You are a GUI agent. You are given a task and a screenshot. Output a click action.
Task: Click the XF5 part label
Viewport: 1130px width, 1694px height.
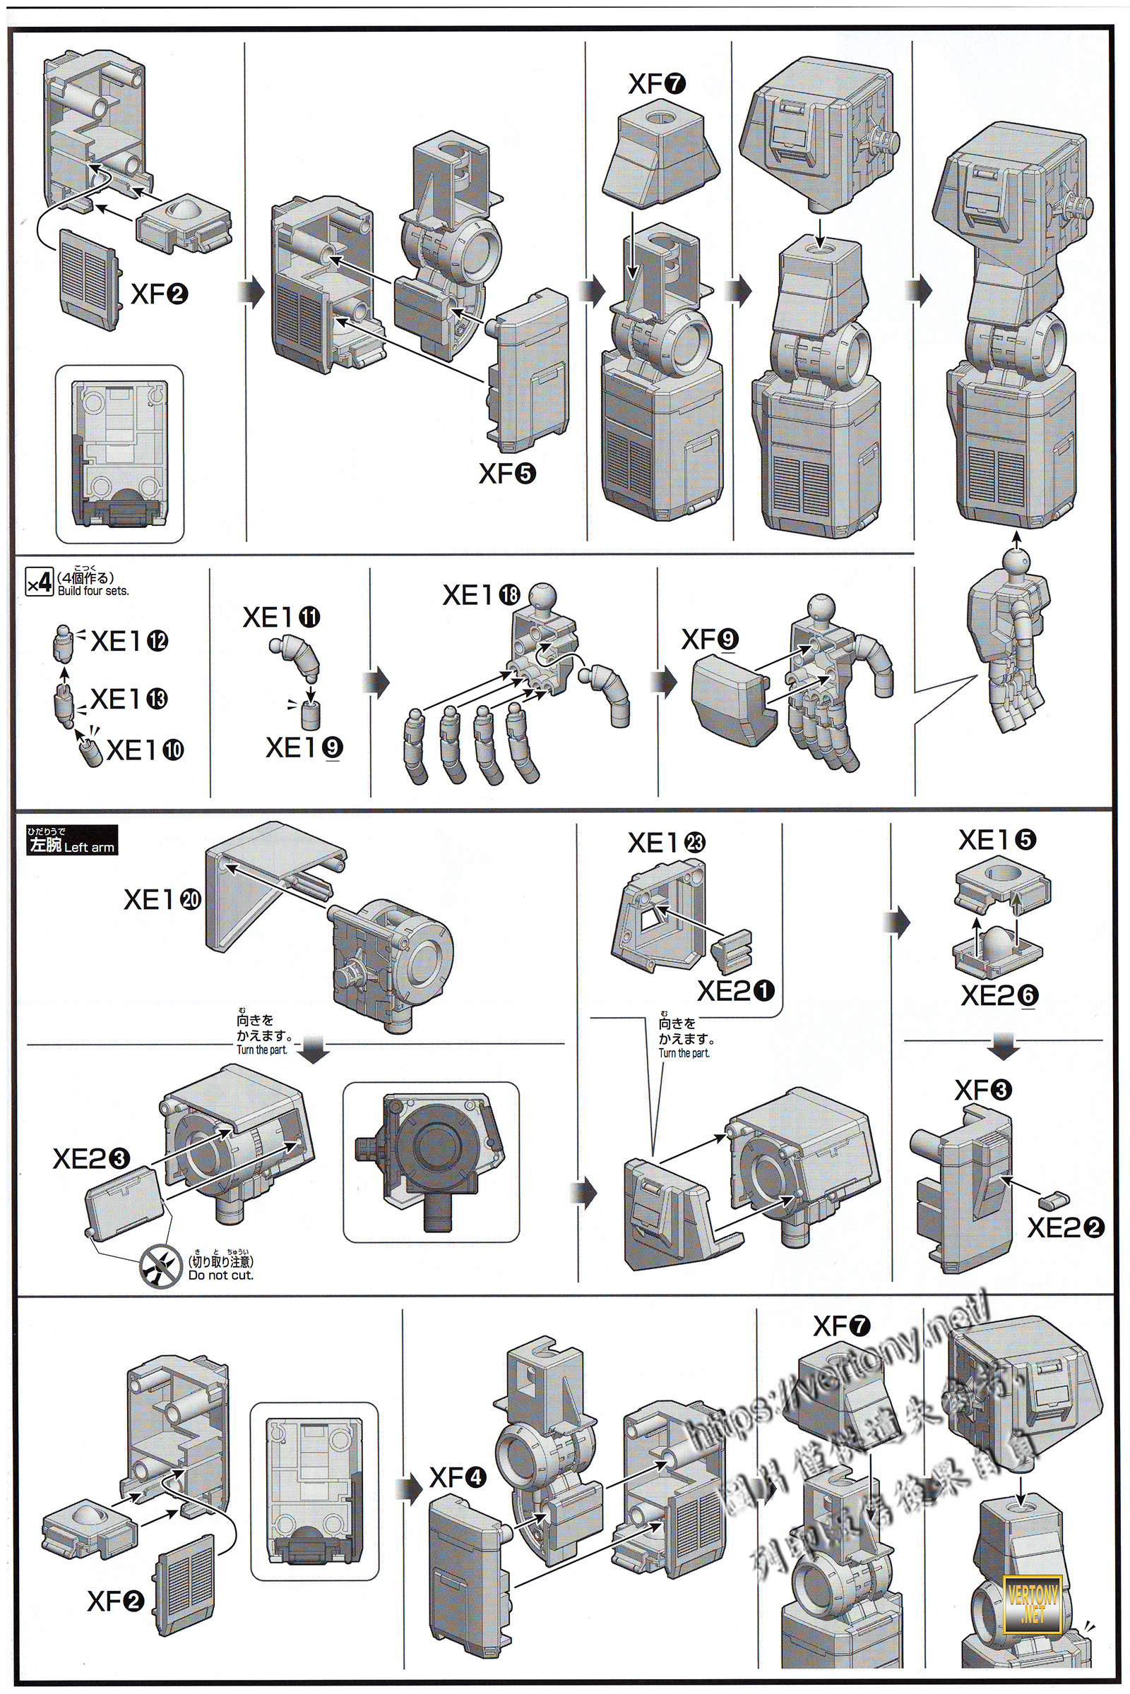pos(507,473)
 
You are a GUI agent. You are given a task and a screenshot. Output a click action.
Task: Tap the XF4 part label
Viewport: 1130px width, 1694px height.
pos(458,1479)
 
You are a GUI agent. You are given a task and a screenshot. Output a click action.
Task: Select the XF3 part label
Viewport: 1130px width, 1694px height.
pos(983,1090)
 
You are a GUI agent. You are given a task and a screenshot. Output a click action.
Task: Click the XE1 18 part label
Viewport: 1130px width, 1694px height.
pos(481,595)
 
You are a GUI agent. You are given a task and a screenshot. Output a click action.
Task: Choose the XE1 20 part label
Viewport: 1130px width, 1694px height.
pos(163,899)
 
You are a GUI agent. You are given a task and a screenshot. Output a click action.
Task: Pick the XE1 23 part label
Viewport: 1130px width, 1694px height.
pos(667,843)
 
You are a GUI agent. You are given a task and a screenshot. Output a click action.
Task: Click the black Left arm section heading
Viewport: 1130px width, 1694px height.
pos(71,841)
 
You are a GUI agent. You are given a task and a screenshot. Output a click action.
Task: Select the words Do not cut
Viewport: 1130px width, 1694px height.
pos(220,1275)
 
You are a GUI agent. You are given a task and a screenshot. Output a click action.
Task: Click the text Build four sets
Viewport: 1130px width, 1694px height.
pos(93,591)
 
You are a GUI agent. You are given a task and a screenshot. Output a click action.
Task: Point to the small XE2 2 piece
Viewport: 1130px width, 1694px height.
pos(1054,1200)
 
